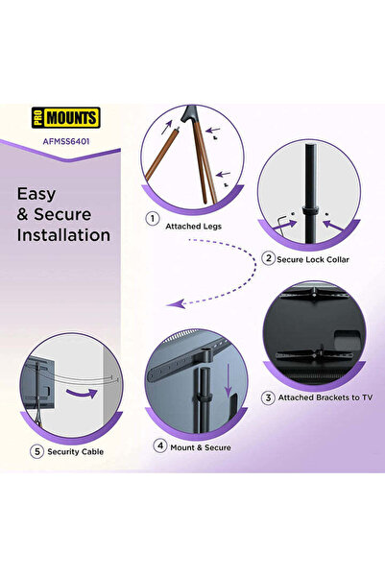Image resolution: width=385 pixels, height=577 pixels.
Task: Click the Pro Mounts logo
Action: click(x=66, y=118)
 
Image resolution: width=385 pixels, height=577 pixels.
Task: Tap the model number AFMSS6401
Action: click(x=66, y=141)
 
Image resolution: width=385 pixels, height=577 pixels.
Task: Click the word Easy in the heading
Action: click(x=36, y=195)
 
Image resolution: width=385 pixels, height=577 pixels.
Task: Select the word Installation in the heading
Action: click(x=63, y=235)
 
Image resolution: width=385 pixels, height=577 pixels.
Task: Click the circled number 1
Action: click(x=153, y=219)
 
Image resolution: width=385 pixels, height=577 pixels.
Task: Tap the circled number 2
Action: click(x=268, y=258)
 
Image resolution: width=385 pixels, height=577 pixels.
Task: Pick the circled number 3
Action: click(x=268, y=397)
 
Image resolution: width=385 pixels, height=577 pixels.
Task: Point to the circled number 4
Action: click(x=160, y=446)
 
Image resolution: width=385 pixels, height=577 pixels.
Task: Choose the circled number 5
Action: click(x=36, y=451)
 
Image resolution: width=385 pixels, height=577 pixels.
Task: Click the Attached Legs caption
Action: click(x=193, y=227)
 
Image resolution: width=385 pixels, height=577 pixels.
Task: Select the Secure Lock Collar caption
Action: click(x=313, y=259)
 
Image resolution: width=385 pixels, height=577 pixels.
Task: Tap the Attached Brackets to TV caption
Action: click(x=325, y=397)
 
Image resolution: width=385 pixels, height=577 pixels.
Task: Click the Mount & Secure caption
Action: click(x=201, y=447)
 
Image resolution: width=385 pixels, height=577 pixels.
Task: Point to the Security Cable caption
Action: click(x=76, y=451)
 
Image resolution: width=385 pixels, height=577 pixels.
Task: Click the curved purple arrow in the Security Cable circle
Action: click(x=83, y=394)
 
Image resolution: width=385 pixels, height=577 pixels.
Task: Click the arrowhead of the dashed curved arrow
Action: click(x=176, y=304)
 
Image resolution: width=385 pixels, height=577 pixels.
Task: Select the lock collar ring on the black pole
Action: click(x=310, y=212)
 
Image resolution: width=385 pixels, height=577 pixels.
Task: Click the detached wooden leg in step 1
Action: click(x=161, y=155)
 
